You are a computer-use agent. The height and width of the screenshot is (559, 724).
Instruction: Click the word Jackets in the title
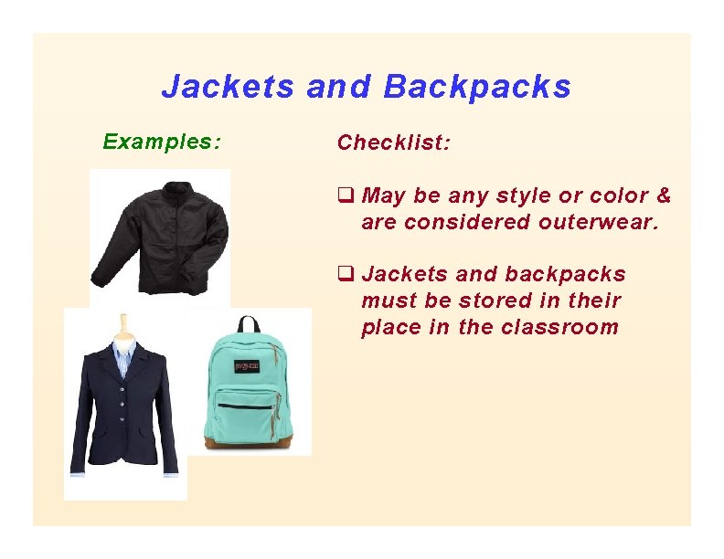[228, 87]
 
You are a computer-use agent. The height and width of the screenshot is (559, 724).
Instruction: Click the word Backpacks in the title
[477, 87]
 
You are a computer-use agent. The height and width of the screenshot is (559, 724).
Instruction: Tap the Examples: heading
[161, 142]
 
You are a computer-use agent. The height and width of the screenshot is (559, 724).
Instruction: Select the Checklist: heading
[393, 142]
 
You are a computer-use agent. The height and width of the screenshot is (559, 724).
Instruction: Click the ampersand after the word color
[663, 195]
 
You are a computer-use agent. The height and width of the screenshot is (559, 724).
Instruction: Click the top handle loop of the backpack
[248, 324]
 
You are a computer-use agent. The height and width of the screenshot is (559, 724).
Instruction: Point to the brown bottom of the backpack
[248, 444]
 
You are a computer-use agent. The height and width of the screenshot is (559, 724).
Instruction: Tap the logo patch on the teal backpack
[248, 366]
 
